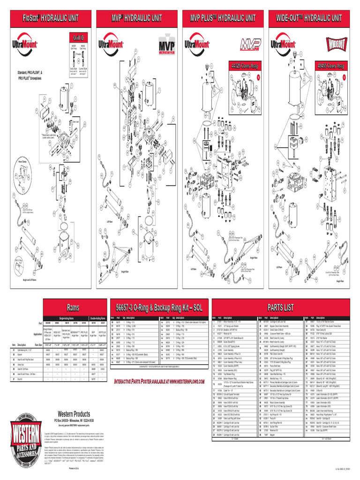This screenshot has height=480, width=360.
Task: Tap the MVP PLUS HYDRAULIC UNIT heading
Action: tap(223, 18)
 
